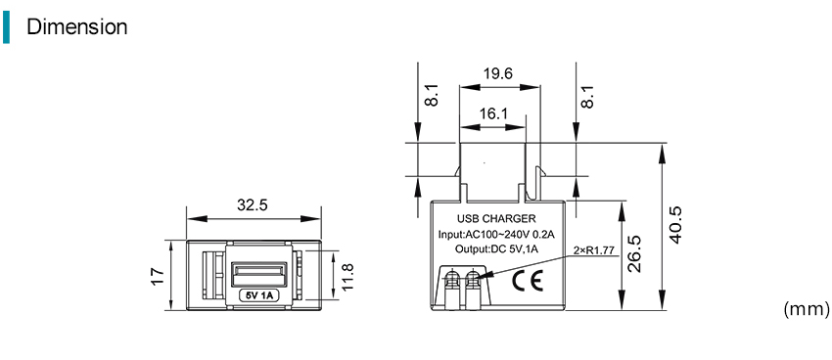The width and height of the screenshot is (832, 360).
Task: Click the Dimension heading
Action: point(77,26)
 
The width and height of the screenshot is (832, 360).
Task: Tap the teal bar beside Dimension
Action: point(6,26)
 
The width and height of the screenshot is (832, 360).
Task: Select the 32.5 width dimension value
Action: point(253,205)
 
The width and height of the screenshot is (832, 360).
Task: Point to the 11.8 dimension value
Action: point(347,277)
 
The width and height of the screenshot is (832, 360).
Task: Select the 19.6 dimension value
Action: point(497,73)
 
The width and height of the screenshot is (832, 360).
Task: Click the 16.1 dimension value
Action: point(493,114)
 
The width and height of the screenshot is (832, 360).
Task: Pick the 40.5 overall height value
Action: point(674,225)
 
